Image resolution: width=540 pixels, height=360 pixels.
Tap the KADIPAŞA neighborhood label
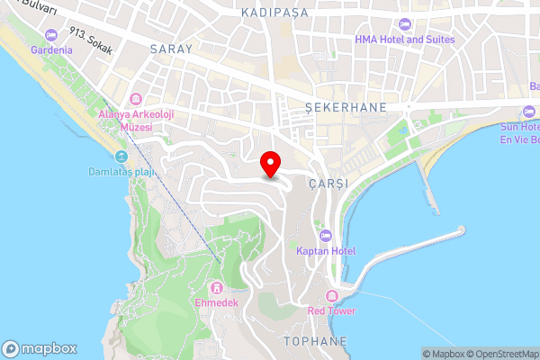tap(275, 13)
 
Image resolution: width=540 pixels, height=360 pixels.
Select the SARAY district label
tap(172, 49)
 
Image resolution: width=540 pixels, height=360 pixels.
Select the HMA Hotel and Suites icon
tap(404, 23)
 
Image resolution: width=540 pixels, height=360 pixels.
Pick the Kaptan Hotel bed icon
tap(326, 235)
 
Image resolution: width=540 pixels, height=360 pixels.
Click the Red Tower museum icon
tap(332, 296)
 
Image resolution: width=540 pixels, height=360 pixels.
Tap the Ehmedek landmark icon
tap(217, 288)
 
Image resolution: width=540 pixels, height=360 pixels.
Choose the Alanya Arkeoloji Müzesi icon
tap(137, 98)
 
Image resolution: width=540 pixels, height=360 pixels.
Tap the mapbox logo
tap(40, 348)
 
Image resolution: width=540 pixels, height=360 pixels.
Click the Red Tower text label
tap(331, 311)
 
